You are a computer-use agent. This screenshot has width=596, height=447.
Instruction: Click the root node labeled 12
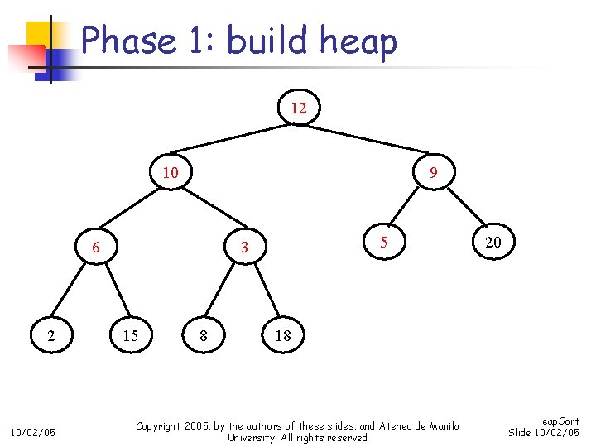298,108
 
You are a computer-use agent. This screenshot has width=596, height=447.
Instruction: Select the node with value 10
171,172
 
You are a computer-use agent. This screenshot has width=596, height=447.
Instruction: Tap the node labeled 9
433,173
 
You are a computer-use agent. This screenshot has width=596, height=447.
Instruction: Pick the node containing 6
97,247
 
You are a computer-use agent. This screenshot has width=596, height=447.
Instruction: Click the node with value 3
244,247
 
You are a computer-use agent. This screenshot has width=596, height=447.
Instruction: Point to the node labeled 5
383,243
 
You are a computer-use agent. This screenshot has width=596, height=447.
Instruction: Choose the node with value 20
493,243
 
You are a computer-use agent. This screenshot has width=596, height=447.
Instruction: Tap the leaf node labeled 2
52,335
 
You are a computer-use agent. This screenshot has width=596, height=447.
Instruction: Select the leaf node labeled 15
130,335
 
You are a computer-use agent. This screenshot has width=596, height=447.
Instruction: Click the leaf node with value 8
204,335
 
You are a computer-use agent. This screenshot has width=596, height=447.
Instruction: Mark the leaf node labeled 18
283,335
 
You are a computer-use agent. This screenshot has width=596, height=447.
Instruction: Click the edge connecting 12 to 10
234,140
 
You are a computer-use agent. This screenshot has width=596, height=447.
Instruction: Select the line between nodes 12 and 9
366,141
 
